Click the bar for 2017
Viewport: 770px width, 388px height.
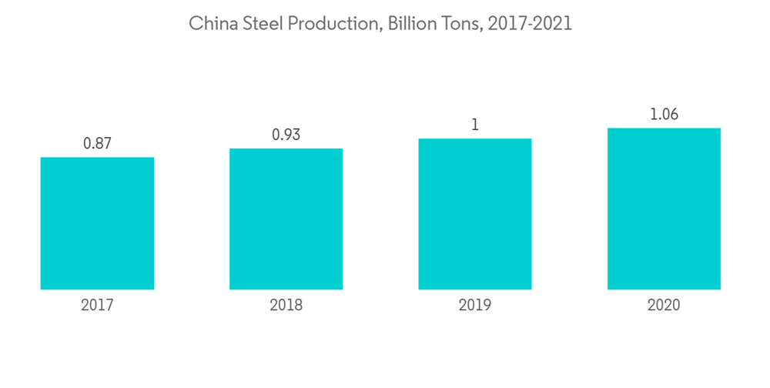pyautogui.click(x=97, y=223)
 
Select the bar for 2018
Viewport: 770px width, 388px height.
pyautogui.click(x=286, y=219)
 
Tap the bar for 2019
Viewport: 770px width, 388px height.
pyautogui.click(x=475, y=214)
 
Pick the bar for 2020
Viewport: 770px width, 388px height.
pyautogui.click(x=664, y=209)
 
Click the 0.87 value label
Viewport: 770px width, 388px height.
pyautogui.click(x=97, y=143)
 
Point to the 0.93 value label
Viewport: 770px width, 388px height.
pyautogui.click(x=286, y=135)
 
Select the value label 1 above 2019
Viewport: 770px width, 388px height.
pyautogui.click(x=475, y=125)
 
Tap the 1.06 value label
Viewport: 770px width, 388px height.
pyautogui.click(x=664, y=115)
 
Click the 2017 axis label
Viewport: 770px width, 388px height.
pyautogui.click(x=97, y=305)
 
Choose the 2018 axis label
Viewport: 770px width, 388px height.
pyautogui.click(x=286, y=305)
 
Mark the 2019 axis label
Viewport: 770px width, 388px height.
pyautogui.click(x=475, y=305)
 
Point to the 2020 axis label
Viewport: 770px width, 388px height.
pyautogui.click(x=664, y=305)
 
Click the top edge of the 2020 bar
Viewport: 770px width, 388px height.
pyautogui.click(x=664, y=129)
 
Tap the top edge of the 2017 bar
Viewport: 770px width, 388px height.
pyautogui.click(x=97, y=158)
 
